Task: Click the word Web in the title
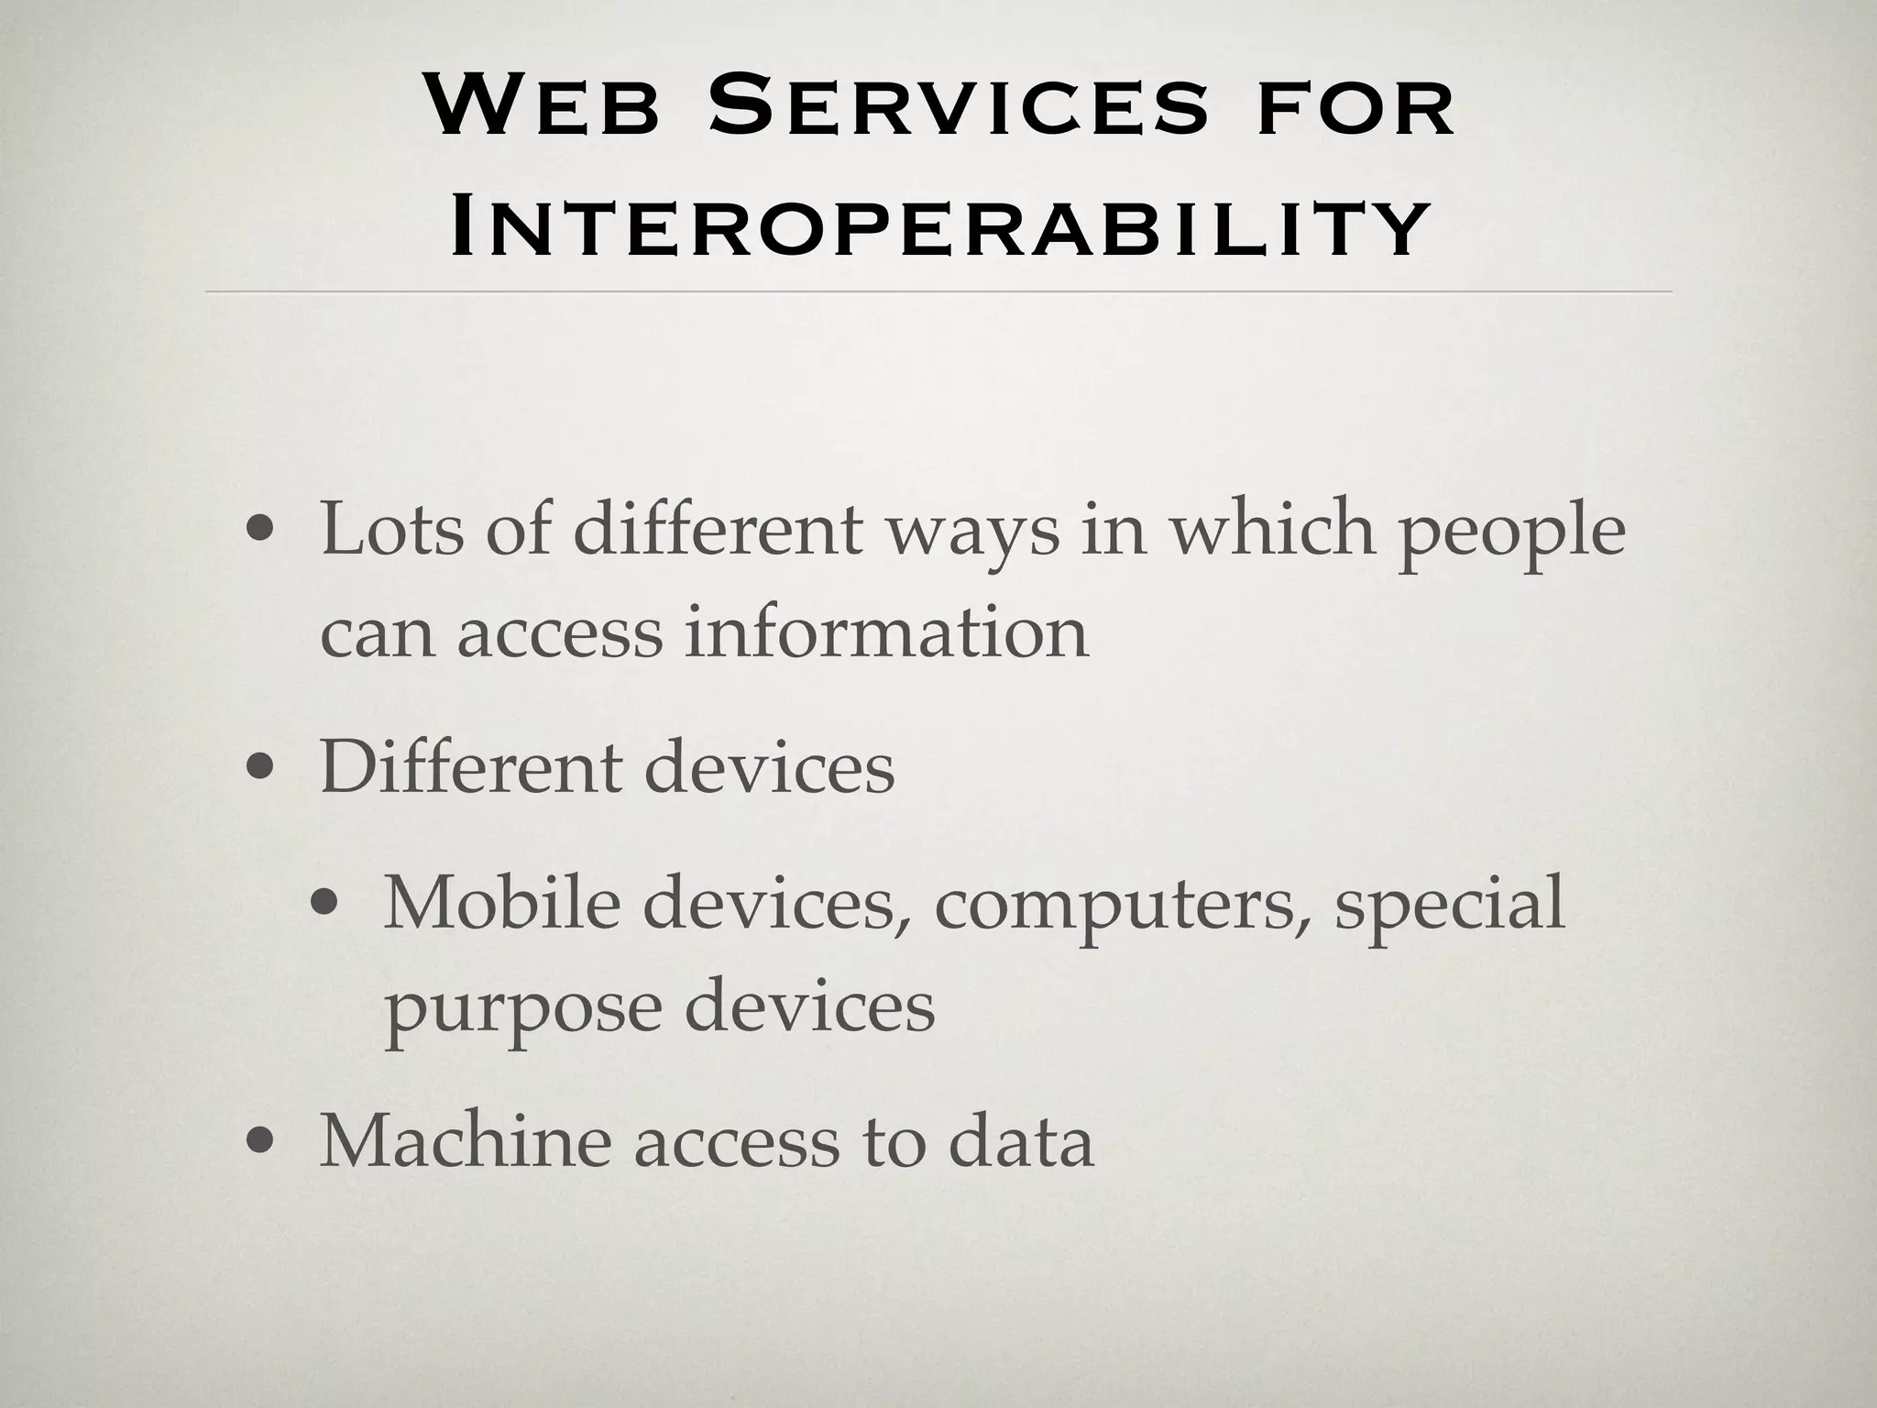pos(543,107)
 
